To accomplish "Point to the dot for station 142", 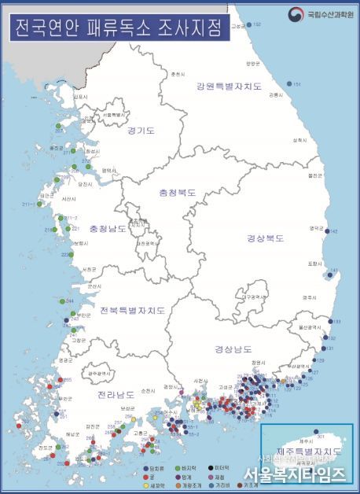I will pos(326,231).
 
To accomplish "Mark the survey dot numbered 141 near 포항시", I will pos(329,275).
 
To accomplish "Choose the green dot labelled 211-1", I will pos(39,204).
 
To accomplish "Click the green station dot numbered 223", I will pos(64,254).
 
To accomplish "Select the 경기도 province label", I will pos(141,131).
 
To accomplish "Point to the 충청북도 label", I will pos(178,191).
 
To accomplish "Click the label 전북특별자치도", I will pos(132,310).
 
